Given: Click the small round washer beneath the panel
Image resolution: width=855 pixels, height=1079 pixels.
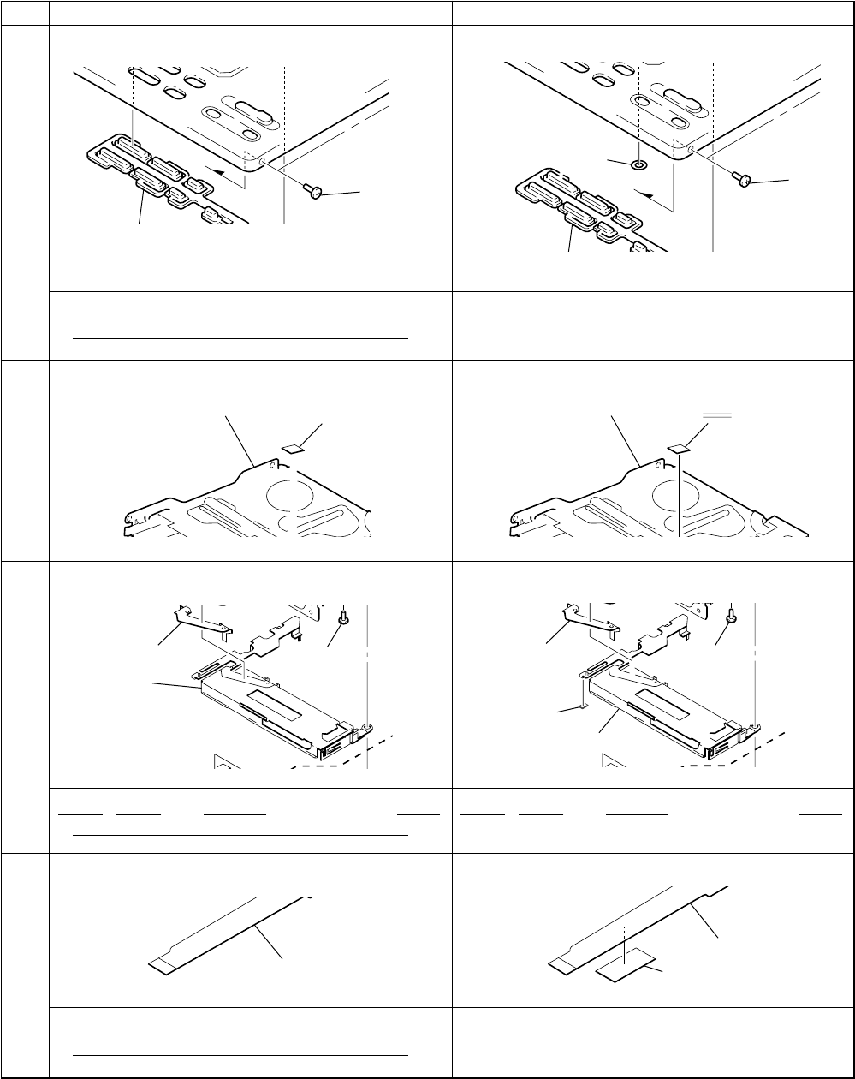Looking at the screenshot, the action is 638,163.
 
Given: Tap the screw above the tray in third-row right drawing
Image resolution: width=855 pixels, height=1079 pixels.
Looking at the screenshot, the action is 732,614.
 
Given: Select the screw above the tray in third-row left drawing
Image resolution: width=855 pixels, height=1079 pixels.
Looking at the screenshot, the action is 343,614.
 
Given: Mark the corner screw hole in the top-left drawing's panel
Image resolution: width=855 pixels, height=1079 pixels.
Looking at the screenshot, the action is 263,158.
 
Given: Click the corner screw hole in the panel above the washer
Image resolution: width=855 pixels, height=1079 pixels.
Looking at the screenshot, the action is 690,148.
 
